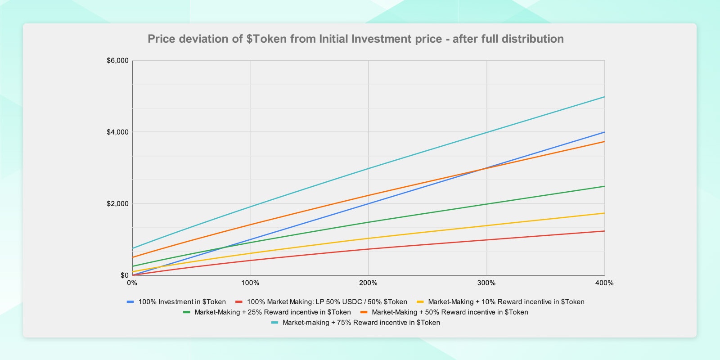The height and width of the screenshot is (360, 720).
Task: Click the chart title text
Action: pyautogui.click(x=355, y=39)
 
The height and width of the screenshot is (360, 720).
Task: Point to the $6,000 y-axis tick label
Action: pyautogui.click(x=117, y=61)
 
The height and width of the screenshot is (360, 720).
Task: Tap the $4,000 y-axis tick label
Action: pyautogui.click(x=117, y=132)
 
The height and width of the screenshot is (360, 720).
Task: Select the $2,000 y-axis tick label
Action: pyautogui.click(x=117, y=204)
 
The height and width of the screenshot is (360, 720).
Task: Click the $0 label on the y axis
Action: pyautogui.click(x=124, y=275)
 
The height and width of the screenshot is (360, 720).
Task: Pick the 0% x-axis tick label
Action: pyautogui.click(x=132, y=283)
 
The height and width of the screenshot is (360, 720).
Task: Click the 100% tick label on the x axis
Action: pyautogui.click(x=250, y=283)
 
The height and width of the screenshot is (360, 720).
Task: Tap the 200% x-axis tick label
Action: pyautogui.click(x=368, y=283)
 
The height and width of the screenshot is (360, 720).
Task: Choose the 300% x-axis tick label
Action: pyautogui.click(x=486, y=283)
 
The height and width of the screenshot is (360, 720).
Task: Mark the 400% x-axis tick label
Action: pyautogui.click(x=604, y=283)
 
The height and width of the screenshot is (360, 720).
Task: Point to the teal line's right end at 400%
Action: pyautogui.click(x=604, y=97)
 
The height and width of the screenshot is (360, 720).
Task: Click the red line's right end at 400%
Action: pyautogui.click(x=604, y=231)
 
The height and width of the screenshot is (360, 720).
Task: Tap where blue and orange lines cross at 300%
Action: pyautogui.click(x=486, y=168)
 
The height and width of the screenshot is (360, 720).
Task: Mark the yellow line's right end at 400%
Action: pyautogui.click(x=604, y=213)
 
